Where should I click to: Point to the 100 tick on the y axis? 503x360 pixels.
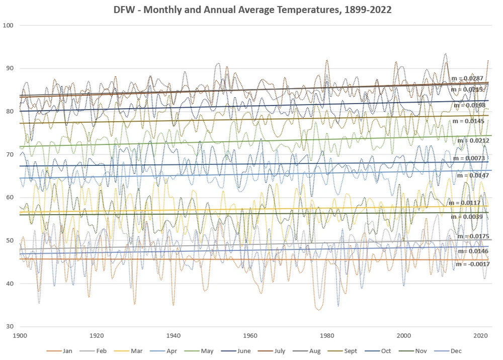(9, 25)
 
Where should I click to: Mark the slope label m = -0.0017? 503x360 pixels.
(472, 264)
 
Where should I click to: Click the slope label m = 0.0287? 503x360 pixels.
(467, 78)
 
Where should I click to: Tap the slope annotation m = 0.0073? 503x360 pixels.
(469, 158)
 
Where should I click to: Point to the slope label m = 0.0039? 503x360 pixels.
(467, 217)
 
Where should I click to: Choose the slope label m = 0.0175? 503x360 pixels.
(473, 236)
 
